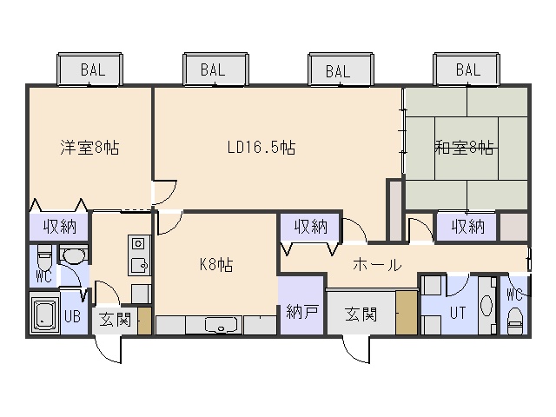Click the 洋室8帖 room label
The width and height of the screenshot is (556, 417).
[89, 148]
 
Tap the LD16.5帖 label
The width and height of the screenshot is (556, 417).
[261, 147]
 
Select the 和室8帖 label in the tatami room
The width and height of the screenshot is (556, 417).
[464, 148]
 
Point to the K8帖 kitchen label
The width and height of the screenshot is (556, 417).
[216, 264]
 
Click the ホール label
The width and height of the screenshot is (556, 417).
[377, 265]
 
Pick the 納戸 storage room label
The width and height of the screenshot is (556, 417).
[301, 312]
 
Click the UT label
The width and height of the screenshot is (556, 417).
[458, 313]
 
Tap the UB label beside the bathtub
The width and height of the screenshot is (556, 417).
[72, 316]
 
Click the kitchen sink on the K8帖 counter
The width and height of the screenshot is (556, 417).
[221, 325]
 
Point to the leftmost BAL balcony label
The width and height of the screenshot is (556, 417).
[93, 69]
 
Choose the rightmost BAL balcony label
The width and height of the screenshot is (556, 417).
[468, 69]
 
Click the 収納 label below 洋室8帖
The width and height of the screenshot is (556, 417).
[60, 226]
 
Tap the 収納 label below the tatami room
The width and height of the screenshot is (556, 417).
[468, 226]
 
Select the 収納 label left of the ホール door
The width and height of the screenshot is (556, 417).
[311, 226]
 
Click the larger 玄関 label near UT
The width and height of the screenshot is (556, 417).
[361, 314]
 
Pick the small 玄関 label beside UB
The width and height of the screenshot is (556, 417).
[115, 320]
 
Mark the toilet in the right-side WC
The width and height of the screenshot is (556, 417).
[514, 321]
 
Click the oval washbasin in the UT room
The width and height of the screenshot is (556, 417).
[486, 305]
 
